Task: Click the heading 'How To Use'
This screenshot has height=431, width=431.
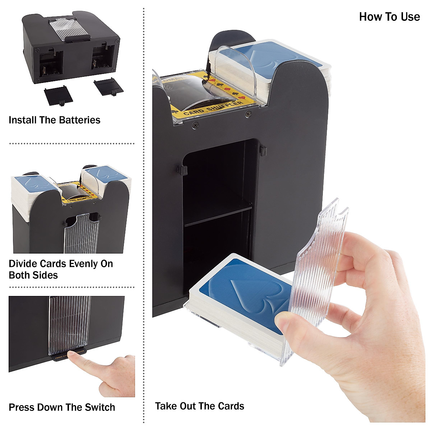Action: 389,17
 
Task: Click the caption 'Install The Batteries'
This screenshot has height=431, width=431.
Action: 54,120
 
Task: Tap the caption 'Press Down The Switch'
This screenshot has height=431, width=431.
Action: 62,407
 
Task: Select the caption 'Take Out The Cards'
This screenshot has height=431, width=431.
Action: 199,406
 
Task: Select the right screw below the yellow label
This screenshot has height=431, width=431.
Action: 247,115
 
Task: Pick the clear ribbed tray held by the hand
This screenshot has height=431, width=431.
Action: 318,273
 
